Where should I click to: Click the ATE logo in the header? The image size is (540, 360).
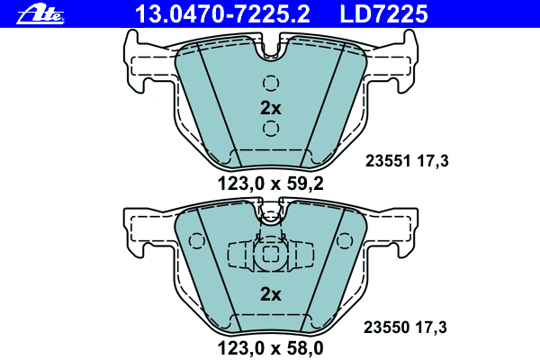click(x=40, y=14)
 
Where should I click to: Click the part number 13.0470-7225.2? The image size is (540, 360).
click(x=222, y=14)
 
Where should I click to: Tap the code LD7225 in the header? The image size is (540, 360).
click(x=383, y=14)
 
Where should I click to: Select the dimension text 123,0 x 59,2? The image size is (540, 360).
click(x=270, y=184)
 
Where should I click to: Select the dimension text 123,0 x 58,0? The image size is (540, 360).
click(x=270, y=348)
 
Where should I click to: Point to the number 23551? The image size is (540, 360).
click(x=388, y=161)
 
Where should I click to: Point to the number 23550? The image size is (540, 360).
click(x=386, y=328)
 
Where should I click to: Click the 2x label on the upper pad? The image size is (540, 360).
click(x=271, y=108)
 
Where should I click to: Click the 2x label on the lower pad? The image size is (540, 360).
click(x=271, y=294)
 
